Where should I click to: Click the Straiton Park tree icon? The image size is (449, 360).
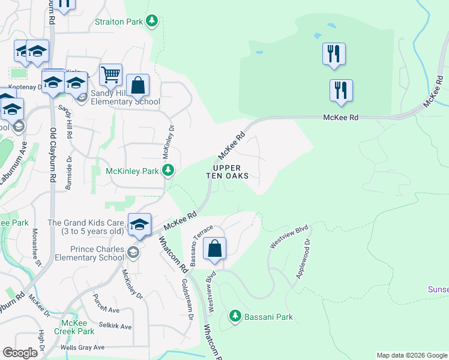[152, 22]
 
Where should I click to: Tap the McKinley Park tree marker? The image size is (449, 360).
[169, 171]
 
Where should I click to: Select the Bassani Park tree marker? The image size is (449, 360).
[235, 316]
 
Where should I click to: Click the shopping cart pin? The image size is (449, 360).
[111, 76]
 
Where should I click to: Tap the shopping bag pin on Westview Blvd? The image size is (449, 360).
[215, 249]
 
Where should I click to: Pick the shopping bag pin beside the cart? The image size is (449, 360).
[138, 86]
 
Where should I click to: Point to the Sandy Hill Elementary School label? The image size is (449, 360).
[125, 98]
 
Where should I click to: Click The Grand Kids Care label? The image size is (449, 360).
[86, 227]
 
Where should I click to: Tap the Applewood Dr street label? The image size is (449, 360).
[303, 259]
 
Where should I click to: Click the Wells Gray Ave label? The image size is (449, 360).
[82, 347]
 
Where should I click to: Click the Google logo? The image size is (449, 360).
[20, 353]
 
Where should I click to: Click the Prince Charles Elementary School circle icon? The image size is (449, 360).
[133, 253]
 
